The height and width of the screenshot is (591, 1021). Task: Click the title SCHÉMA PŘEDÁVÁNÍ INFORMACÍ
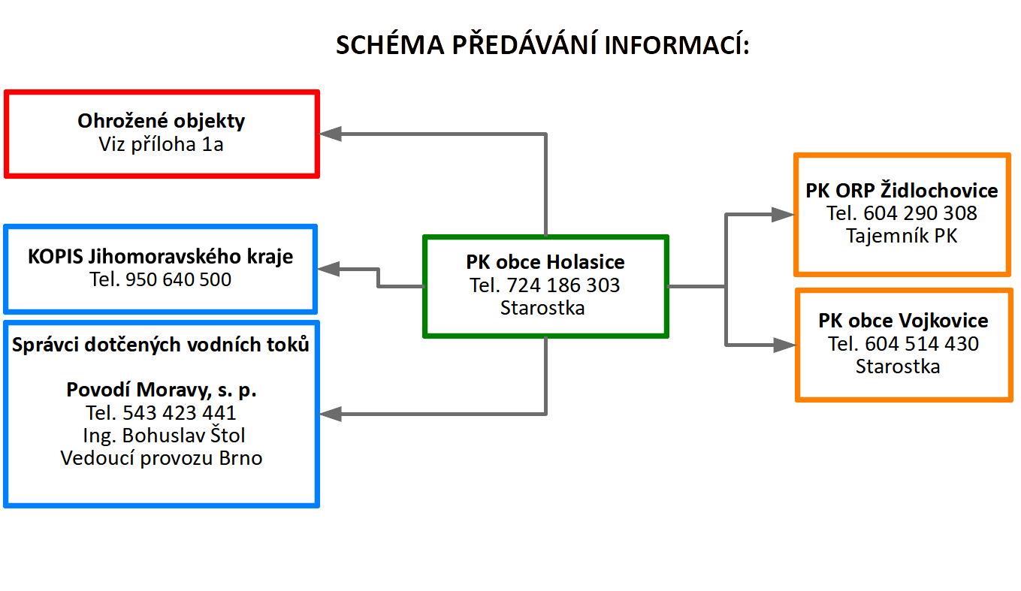542,46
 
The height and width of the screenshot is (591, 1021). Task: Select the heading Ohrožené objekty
162,121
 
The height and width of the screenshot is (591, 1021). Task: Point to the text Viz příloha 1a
162,145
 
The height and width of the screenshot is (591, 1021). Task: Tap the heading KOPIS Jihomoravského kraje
161,257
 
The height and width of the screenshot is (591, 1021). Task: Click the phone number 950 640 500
179,280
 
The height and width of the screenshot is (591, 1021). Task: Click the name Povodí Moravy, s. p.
162,390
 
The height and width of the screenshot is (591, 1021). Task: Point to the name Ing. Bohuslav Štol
164,436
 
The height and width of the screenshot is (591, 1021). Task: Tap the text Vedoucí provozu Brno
162,458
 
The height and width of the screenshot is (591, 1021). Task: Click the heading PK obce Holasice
545,263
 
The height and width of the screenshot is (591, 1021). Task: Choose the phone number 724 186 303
563,285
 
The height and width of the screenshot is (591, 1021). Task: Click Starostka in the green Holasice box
542,308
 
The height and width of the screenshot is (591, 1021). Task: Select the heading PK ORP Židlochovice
902,191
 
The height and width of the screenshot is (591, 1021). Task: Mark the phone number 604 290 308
920,213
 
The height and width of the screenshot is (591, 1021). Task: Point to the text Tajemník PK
902,236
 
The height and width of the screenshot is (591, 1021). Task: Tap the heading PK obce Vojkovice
903,321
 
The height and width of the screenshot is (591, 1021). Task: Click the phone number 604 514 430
922,344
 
